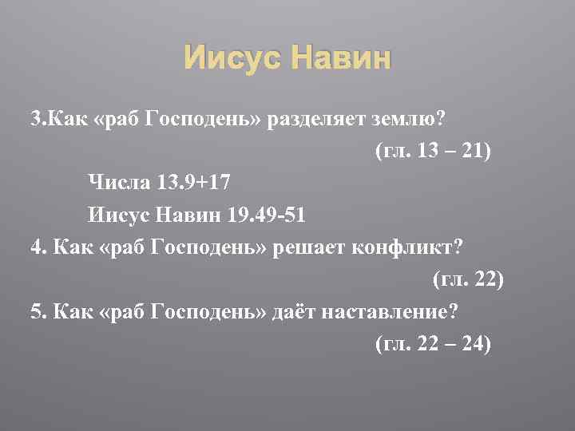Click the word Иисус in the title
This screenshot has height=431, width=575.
point(232,59)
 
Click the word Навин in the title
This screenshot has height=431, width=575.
point(342,59)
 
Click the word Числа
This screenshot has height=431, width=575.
point(117,183)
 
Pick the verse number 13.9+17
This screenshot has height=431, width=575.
point(191,183)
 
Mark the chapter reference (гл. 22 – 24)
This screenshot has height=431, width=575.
point(432,343)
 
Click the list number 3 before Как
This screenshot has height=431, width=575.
point(34,120)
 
